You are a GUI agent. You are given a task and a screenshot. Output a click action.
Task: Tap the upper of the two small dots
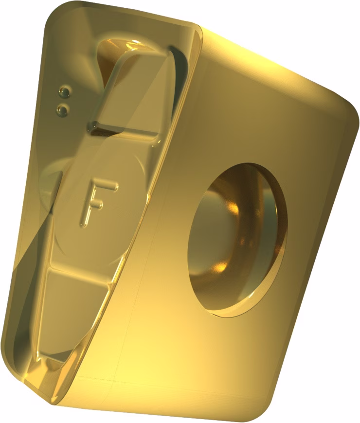65,92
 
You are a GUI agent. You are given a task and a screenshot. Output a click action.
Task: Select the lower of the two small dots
62,109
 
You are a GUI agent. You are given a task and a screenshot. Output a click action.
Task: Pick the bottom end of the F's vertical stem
82,224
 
